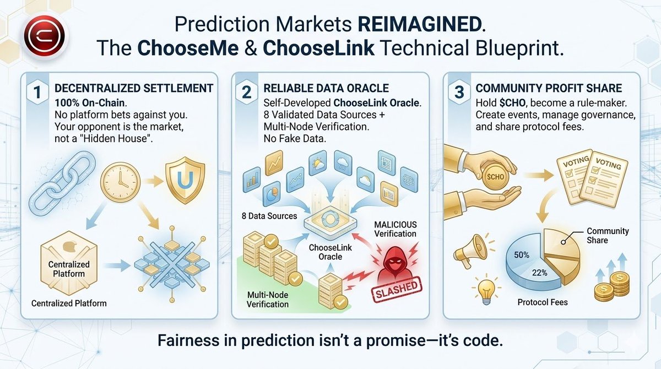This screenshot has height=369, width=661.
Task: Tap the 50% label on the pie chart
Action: pos(522,256)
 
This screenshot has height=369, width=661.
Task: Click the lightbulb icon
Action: pos(483,289)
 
